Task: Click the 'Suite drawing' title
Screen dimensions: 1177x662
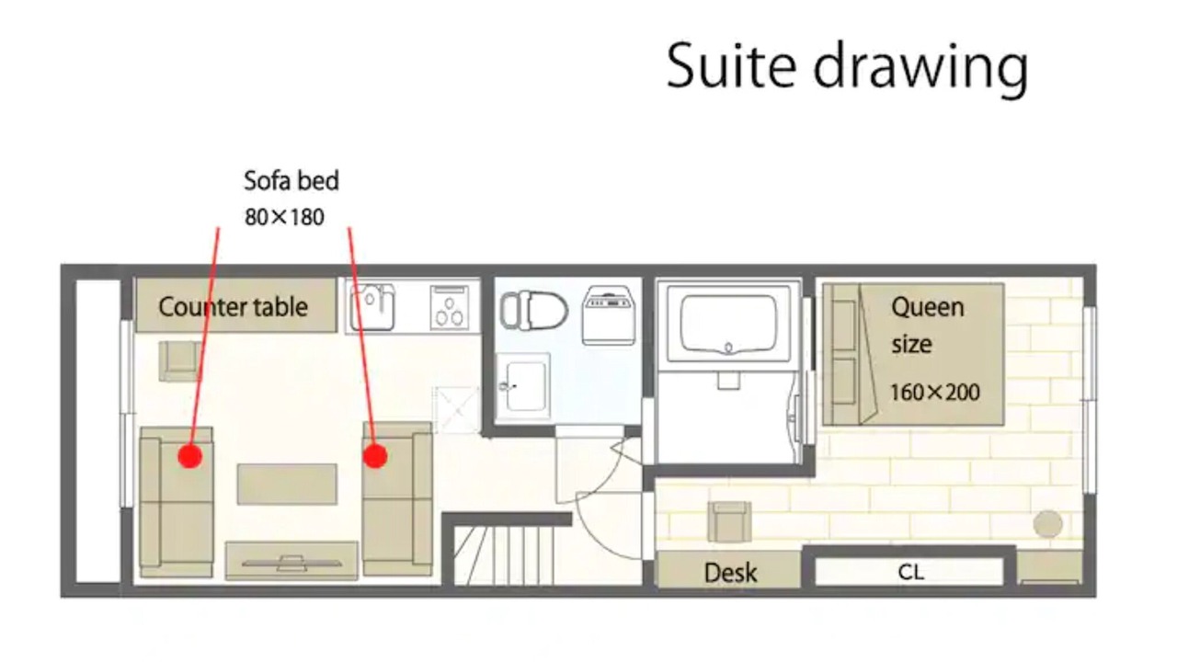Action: click(847, 67)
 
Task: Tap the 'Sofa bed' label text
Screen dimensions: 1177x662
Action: click(291, 181)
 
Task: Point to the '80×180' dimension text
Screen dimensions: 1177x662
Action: click(284, 217)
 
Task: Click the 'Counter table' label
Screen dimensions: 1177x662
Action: click(234, 307)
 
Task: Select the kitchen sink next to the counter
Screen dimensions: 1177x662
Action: click(372, 307)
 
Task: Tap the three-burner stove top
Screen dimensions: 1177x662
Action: click(450, 307)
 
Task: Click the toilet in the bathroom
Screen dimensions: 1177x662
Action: click(533, 311)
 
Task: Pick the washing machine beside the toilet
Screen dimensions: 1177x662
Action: click(609, 315)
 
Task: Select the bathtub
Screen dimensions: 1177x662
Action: click(728, 324)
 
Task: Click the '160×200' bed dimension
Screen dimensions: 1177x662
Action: click(935, 393)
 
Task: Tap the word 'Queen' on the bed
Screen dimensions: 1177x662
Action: click(928, 307)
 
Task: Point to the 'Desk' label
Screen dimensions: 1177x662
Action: click(730, 573)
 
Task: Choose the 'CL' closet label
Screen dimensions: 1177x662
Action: click(910, 572)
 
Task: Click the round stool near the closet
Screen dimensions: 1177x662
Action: click(1047, 524)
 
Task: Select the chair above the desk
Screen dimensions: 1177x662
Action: click(729, 521)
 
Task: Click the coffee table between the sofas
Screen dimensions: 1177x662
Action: click(287, 484)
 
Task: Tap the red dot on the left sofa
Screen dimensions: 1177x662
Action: click(190, 456)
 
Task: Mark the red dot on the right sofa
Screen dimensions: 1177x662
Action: click(375, 455)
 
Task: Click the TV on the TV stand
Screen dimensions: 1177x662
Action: click(291, 564)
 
